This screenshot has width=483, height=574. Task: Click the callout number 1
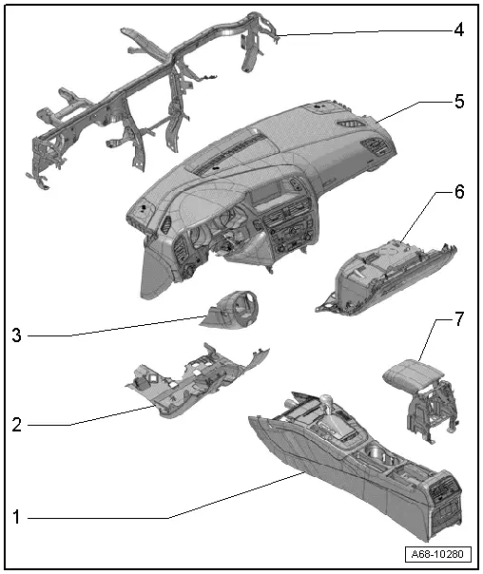(16, 517)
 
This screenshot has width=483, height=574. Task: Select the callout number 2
(17, 425)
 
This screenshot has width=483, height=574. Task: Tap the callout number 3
(16, 335)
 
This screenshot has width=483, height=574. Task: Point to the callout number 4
(459, 29)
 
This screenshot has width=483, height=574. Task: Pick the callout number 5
(459, 101)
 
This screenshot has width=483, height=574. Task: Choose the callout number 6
(459, 191)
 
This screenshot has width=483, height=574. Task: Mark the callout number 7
(459, 319)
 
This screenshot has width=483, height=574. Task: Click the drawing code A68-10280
(437, 554)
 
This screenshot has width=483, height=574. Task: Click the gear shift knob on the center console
(326, 400)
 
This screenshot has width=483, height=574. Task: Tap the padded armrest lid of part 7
(413, 375)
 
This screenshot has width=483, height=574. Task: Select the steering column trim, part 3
(228, 308)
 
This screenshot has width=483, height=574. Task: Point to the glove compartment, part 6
(386, 277)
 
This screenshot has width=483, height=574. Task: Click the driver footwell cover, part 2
(198, 383)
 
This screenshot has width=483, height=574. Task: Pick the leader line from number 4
(365, 32)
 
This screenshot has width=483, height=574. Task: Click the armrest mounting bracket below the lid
(433, 411)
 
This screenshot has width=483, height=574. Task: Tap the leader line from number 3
(116, 327)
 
